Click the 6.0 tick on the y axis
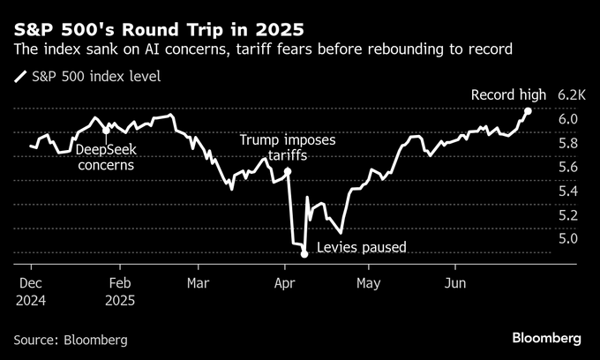pyautogui.click(x=568, y=119)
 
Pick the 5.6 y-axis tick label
pyautogui.click(x=568, y=167)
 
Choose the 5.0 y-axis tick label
pyautogui.click(x=568, y=238)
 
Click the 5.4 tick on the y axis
pyautogui.click(x=568, y=191)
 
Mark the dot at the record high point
pyautogui.click(x=528, y=111)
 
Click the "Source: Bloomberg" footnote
pyautogui.click(x=71, y=339)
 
